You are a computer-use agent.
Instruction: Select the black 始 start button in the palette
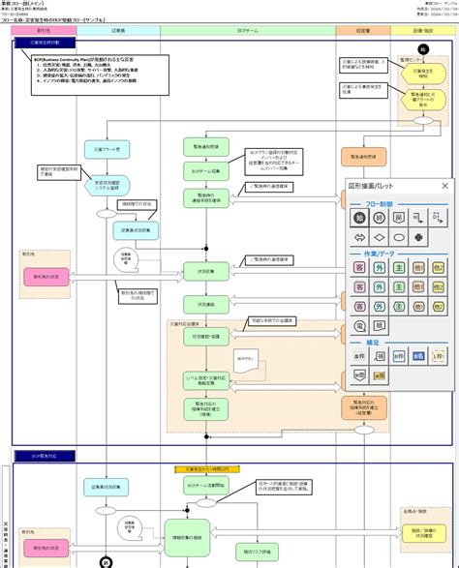[x=357, y=218]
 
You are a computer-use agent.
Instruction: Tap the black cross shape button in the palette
[x=418, y=237]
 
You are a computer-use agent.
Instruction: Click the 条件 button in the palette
[x=357, y=357]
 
